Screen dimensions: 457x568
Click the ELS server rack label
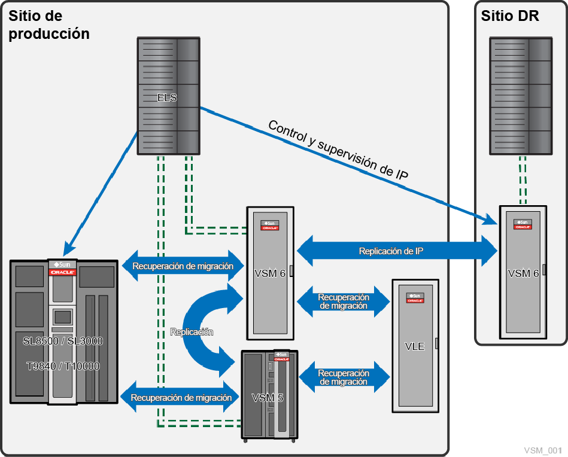[x=167, y=98]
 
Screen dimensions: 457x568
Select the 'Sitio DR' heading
[x=510, y=16]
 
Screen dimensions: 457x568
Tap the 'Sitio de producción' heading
[x=48, y=25]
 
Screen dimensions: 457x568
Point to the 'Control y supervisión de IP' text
[x=338, y=150]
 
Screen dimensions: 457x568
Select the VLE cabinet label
[x=414, y=346]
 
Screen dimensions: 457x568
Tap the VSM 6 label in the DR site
[x=523, y=273]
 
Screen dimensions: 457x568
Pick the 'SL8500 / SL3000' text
[x=63, y=342]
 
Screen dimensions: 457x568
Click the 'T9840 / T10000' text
[x=63, y=366]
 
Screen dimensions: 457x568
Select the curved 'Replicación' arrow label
[x=191, y=331]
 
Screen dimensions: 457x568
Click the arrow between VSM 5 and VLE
[x=344, y=377]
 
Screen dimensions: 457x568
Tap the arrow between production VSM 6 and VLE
[x=344, y=301]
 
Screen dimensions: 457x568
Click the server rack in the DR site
[x=521, y=95]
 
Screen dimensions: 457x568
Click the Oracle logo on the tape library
[x=62, y=272]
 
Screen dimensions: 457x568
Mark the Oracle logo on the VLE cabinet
[x=415, y=300]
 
